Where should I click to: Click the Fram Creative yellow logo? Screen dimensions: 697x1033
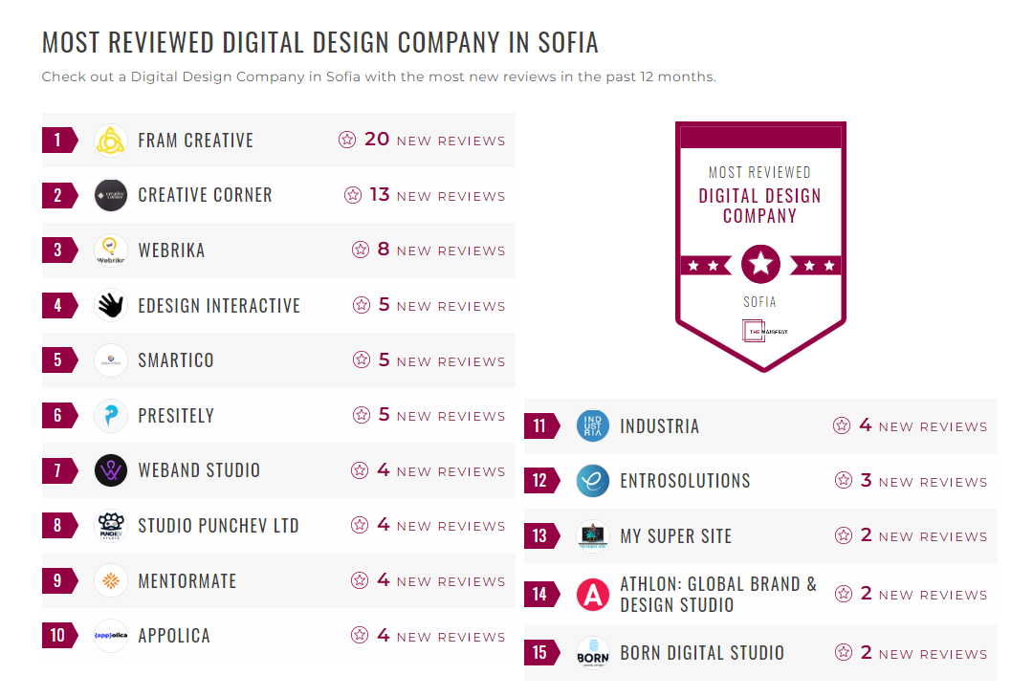[111, 141]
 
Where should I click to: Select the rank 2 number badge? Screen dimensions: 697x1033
[58, 195]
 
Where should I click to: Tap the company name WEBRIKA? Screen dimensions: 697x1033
[171, 250]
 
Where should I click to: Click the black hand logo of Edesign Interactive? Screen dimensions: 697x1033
[111, 305]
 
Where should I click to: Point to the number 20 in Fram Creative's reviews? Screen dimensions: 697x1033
[377, 140]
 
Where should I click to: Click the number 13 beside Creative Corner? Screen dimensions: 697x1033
[380, 195]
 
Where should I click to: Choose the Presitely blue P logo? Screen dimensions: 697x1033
[111, 416]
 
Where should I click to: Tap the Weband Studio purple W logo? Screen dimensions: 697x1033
[111, 470]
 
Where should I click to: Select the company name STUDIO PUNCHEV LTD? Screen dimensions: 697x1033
[218, 526]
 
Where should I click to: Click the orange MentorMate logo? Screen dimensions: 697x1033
[111, 580]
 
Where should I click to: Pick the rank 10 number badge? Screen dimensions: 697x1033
[58, 636]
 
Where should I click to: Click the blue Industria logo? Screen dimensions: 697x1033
[593, 426]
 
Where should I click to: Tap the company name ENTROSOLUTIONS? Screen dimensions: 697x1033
[685, 481]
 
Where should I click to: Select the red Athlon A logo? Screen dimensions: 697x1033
[593, 595]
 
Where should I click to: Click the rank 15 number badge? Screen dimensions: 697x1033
[540, 653]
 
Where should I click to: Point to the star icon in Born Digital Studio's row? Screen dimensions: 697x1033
[843, 653]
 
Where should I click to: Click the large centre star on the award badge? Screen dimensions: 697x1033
[760, 265]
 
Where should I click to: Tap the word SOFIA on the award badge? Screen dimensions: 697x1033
[760, 302]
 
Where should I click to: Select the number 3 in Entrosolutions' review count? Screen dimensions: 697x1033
[866, 481]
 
